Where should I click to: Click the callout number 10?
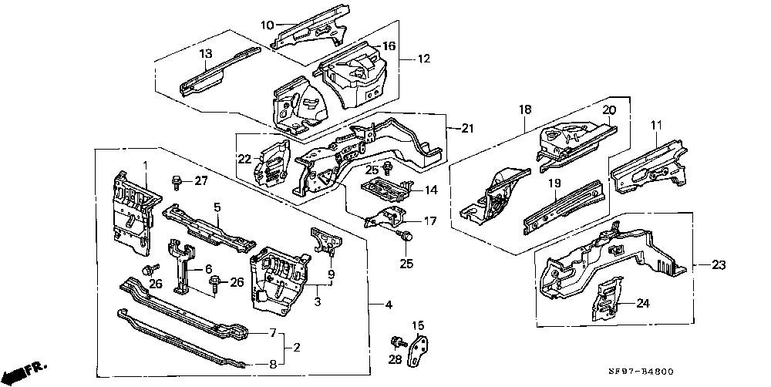267,25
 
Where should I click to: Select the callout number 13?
206,53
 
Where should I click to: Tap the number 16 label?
390,46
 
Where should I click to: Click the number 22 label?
244,159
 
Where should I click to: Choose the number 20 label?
608,110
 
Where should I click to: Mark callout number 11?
657,125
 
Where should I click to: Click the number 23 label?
719,265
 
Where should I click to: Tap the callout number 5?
218,207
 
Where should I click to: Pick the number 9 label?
332,274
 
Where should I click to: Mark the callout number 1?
144,166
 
